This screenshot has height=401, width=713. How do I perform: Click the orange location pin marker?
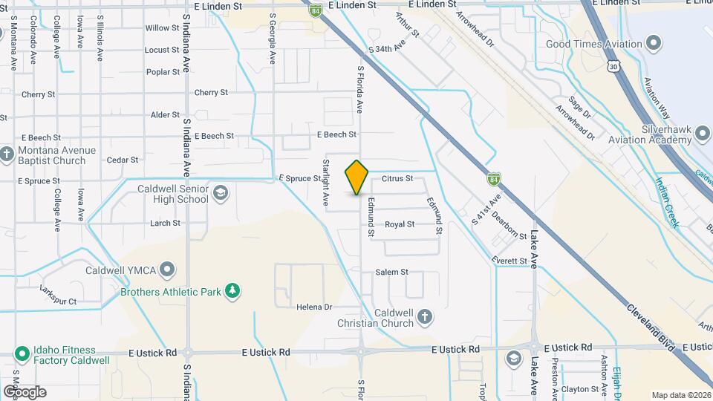pyautogui.click(x=357, y=177)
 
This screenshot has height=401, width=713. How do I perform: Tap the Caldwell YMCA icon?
pyautogui.click(x=169, y=269)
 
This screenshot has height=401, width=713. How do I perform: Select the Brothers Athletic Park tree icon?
pyautogui.click(x=232, y=291)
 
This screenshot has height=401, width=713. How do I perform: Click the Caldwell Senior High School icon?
pyautogui.click(x=220, y=194)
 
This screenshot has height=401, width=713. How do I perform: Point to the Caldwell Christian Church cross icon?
pyautogui.click(x=425, y=317)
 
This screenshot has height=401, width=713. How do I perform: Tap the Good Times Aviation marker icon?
pyautogui.click(x=654, y=44)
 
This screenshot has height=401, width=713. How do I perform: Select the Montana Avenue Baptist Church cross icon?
pyautogui.click(x=7, y=154)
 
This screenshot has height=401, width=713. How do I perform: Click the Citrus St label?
pyautogui.click(x=397, y=178)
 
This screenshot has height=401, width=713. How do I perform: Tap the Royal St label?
pyautogui.click(x=400, y=224)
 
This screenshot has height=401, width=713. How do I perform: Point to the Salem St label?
pyautogui.click(x=392, y=272)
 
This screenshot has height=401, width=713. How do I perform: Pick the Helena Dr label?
pyautogui.click(x=313, y=307)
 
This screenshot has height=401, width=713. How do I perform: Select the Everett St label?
pyautogui.click(x=509, y=261)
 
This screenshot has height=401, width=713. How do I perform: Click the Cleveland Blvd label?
pyautogui.click(x=651, y=326)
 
